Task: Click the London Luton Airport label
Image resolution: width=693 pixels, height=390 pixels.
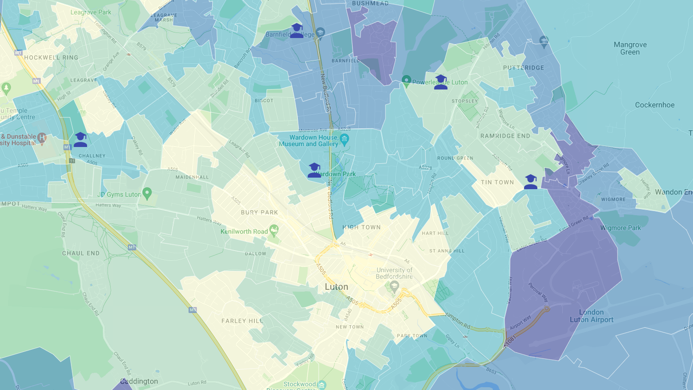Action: point(592,316)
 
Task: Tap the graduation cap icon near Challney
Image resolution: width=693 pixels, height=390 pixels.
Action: point(81,140)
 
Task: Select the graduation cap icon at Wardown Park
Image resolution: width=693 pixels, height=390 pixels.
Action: point(315,170)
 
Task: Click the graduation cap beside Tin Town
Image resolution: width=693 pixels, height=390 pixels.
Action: point(531,182)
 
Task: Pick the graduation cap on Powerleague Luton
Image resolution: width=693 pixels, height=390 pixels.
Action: point(441,82)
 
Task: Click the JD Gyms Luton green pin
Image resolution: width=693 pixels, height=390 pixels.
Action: point(147,193)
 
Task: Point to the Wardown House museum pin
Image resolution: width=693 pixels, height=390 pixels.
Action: point(344,140)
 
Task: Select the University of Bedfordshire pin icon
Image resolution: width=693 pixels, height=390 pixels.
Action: point(394,285)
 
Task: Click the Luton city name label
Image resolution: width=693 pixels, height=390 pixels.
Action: point(336,287)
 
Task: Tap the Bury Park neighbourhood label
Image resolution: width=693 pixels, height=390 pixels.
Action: point(259,212)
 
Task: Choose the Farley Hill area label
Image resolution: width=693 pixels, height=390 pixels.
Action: point(242,321)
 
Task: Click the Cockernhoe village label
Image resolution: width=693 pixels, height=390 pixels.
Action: point(655,105)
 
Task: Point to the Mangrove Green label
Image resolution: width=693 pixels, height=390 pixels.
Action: point(630,48)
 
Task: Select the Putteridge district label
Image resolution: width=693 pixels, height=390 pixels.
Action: point(523,68)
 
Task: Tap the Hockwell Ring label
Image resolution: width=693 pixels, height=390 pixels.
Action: point(51,58)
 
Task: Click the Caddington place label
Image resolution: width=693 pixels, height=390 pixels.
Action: point(139,381)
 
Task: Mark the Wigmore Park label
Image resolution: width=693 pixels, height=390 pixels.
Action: point(620,228)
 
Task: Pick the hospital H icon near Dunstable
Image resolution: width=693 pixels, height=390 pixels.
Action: point(42,138)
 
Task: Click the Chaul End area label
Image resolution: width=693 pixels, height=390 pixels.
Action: point(81,253)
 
